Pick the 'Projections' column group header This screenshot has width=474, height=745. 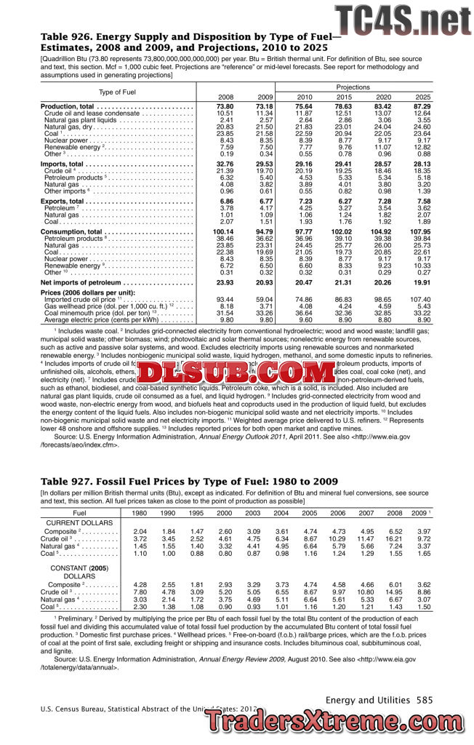pyautogui.click(x=352, y=87)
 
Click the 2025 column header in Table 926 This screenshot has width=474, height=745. pyautogui.click(x=422, y=97)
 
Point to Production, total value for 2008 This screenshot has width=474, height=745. pyautogui.click(x=225, y=107)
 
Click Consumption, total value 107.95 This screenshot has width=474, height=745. pyautogui.click(x=422, y=231)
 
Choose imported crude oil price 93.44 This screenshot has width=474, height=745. pyautogui.click(x=225, y=299)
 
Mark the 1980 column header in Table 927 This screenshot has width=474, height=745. pyautogui.click(x=139, y=513)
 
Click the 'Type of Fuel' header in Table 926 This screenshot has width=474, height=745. pyautogui.click(x=117, y=92)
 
